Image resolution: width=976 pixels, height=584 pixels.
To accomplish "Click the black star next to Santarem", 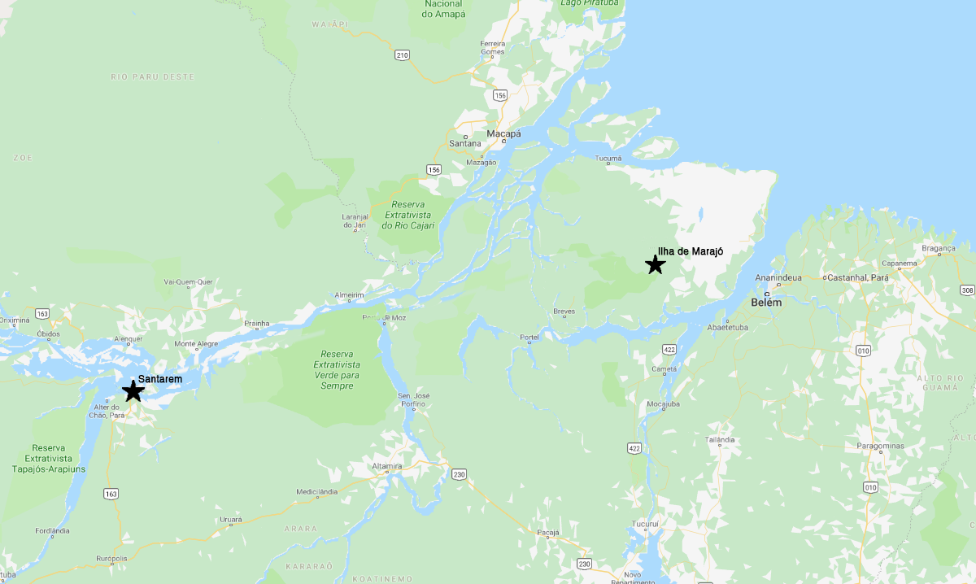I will pyautogui.click(x=133, y=391).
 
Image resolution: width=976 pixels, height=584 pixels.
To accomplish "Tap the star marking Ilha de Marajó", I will pyautogui.click(x=655, y=264).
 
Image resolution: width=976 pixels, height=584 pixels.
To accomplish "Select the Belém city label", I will pyautogui.click(x=767, y=303).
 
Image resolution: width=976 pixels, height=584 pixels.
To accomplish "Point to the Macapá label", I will pyautogui.click(x=503, y=133).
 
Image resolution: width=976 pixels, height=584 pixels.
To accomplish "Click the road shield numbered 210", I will pyautogui.click(x=402, y=55).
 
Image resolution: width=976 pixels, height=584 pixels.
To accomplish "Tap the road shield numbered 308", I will pyautogui.click(x=966, y=290).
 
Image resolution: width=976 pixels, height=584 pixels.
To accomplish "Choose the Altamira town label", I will pyautogui.click(x=387, y=465).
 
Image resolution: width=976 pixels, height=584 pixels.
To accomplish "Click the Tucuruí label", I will pyautogui.click(x=647, y=523).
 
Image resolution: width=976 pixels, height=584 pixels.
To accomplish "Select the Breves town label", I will pyautogui.click(x=564, y=312).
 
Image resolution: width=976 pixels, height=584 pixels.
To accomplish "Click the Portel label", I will pyautogui.click(x=529, y=337).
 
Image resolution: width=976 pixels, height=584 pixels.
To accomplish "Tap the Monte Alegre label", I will pyautogui.click(x=196, y=343).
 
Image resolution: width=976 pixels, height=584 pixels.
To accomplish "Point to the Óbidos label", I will pyautogui.click(x=49, y=333).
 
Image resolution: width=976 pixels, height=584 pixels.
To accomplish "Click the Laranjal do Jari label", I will pyautogui.click(x=354, y=220).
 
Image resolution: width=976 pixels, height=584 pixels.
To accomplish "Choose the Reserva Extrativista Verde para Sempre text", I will pyautogui.click(x=338, y=369).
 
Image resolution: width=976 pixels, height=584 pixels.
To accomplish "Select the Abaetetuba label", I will pyautogui.click(x=727, y=328).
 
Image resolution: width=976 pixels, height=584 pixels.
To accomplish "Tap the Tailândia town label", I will pyautogui.click(x=720, y=439).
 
